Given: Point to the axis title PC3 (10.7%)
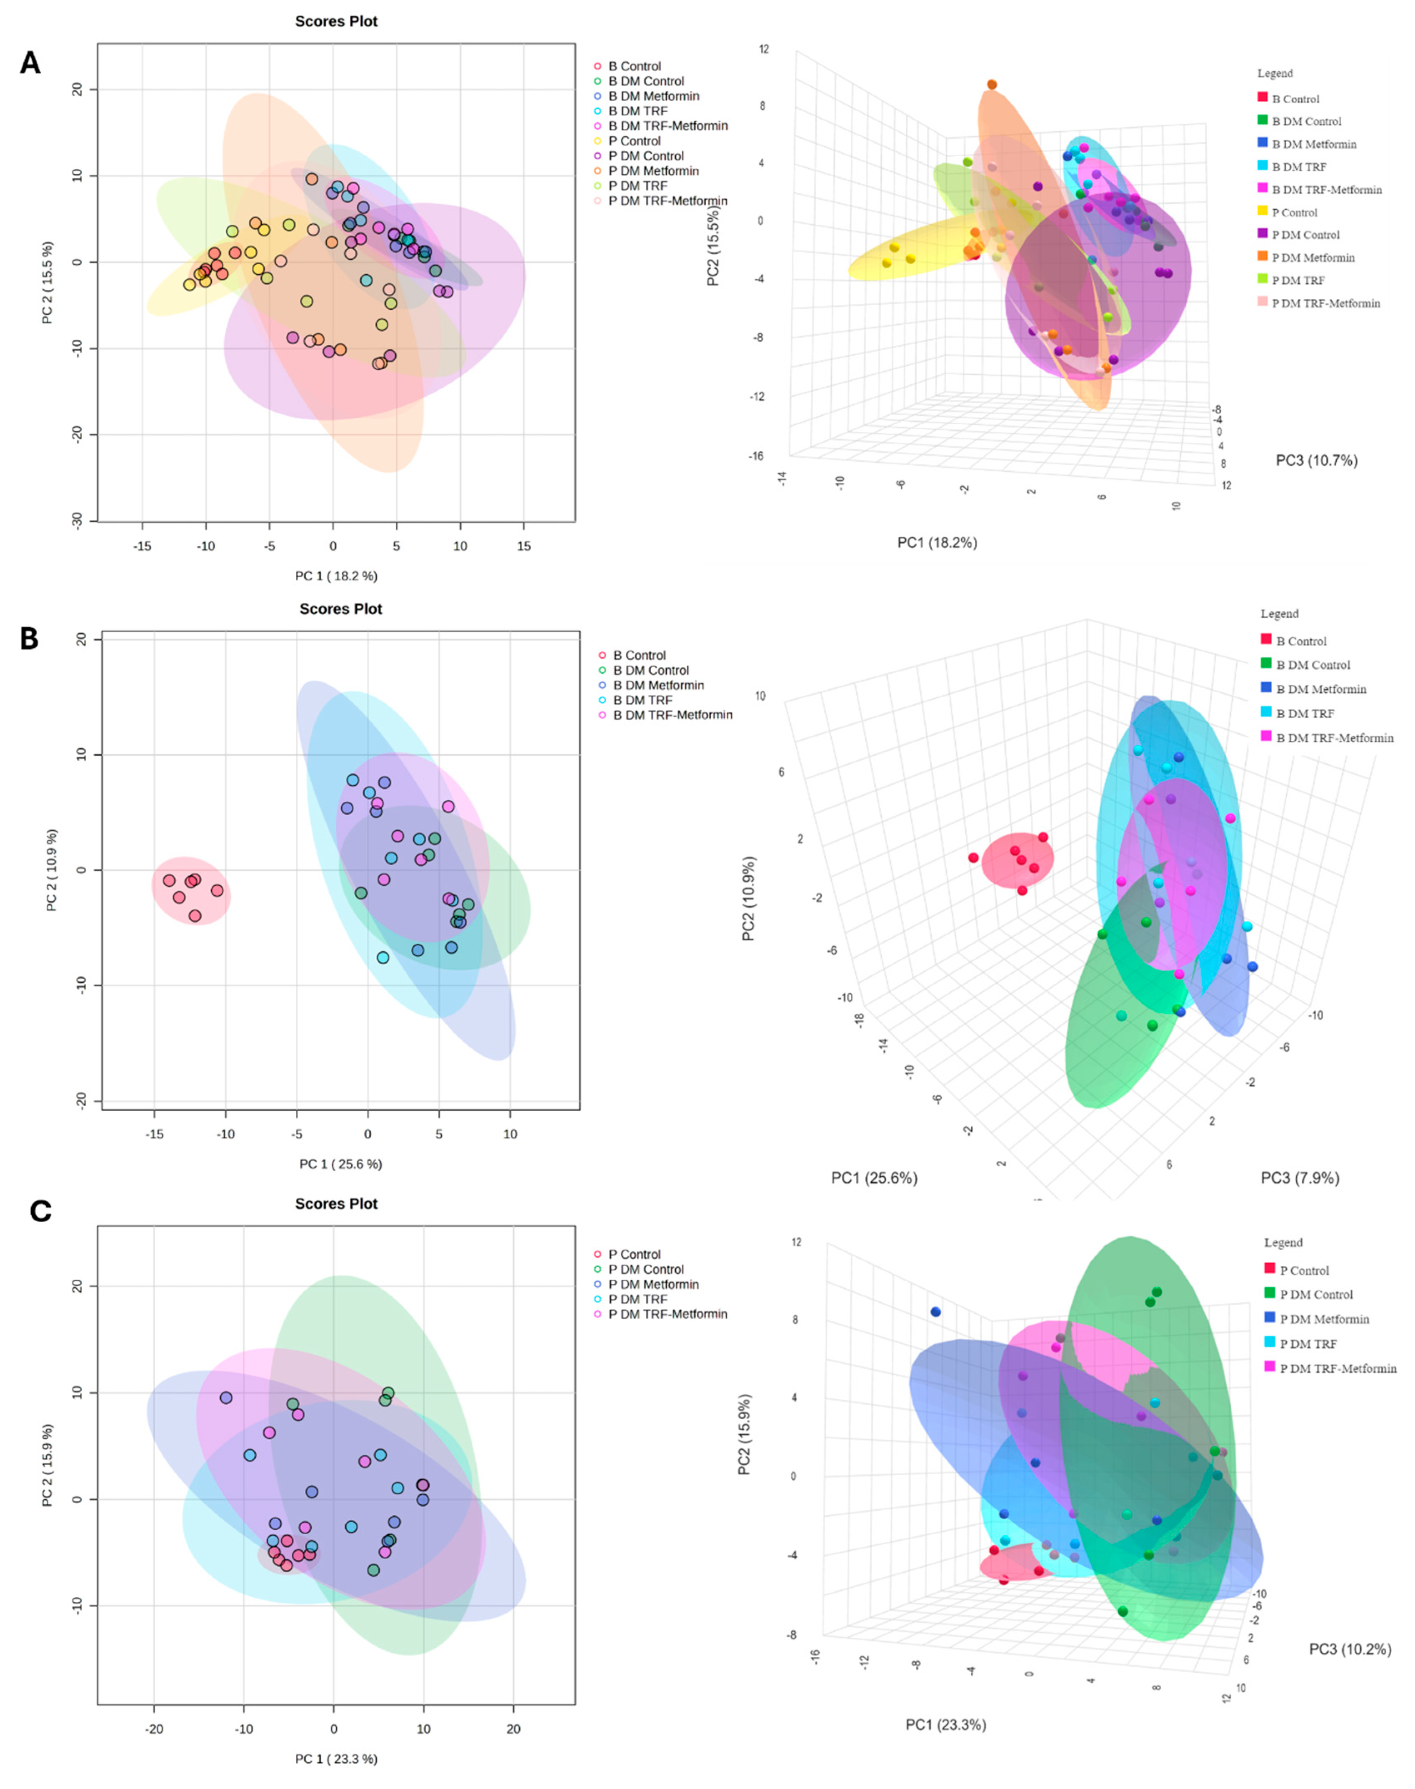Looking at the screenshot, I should [1316, 461].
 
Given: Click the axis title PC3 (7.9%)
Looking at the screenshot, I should [1300, 1178].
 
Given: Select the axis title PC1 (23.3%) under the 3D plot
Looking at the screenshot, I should [945, 1724].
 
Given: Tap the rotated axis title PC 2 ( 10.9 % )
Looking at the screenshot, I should [52, 870].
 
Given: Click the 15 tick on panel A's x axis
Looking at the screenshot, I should [524, 546].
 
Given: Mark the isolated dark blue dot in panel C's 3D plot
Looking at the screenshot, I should [935, 1312].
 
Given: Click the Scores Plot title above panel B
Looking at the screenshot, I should [340, 609].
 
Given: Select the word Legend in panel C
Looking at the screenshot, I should [1283, 1243].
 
